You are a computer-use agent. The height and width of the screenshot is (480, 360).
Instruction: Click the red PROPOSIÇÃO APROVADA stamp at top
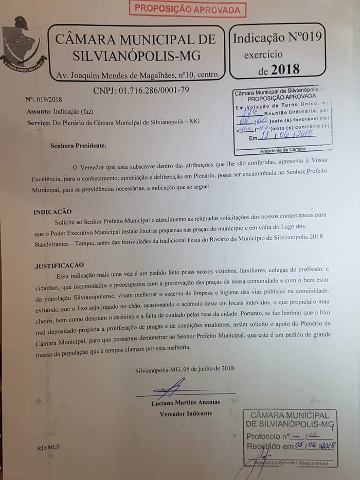click(187, 9)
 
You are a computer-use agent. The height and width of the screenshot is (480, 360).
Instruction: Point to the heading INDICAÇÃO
click(52, 212)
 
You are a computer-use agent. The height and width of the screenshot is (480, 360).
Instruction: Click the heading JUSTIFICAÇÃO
click(59, 265)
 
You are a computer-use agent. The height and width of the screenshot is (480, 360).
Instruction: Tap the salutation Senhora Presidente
click(78, 145)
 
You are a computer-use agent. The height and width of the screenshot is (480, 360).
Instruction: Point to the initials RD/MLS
click(48, 447)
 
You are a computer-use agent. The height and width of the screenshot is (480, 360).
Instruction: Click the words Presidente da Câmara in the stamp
click(282, 151)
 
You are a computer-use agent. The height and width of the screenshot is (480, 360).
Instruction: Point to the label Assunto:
click(39, 111)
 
